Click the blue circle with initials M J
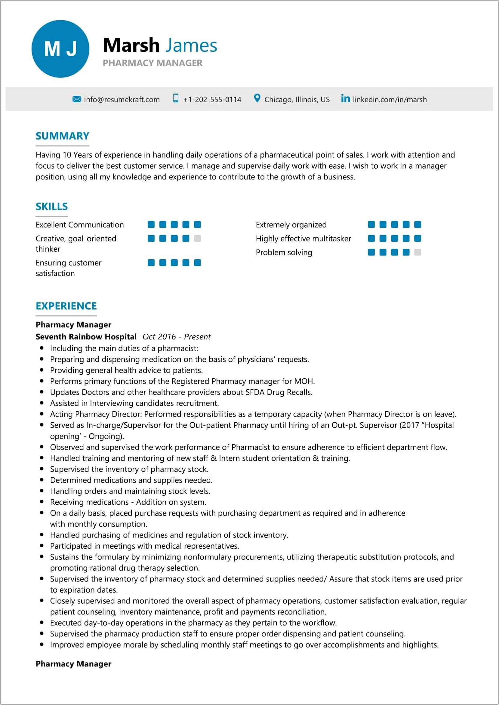pyautogui.click(x=60, y=49)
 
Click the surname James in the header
pyautogui.click(x=191, y=45)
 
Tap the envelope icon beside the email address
pyautogui.click(x=76, y=99)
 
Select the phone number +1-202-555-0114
pyautogui.click(x=212, y=100)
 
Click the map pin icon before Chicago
pyautogui.click(x=257, y=99)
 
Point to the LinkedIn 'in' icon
pyautogui.click(x=345, y=99)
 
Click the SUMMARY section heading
pyautogui.click(x=62, y=136)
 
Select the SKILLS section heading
pyautogui.click(x=52, y=206)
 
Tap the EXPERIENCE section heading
pyautogui.click(x=66, y=306)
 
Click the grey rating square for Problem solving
pyautogui.click(x=417, y=253)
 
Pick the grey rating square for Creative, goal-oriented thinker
pyautogui.click(x=197, y=239)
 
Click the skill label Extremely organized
pyautogui.click(x=291, y=225)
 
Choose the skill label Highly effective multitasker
pyautogui.click(x=303, y=239)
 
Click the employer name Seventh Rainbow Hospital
pyautogui.click(x=86, y=337)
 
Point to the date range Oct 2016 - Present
pyautogui.click(x=177, y=337)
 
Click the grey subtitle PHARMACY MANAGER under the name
pyautogui.click(x=152, y=63)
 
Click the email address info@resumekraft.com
pyautogui.click(x=122, y=100)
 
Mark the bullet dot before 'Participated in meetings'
pyautogui.click(x=42, y=546)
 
